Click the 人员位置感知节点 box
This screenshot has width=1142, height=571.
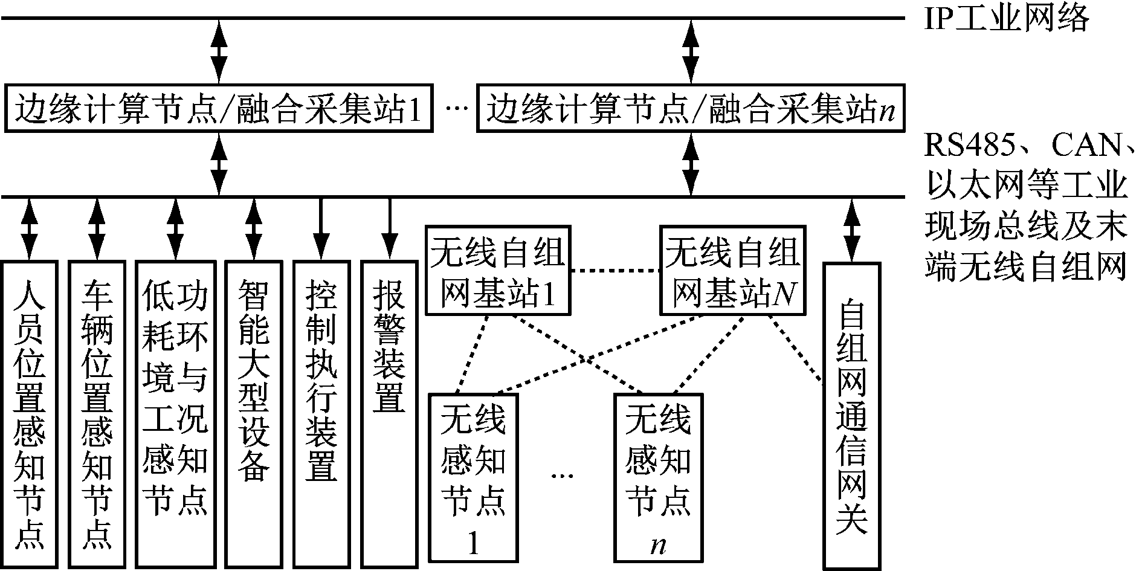pos(29,414)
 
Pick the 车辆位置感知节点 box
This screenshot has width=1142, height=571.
pos(97,414)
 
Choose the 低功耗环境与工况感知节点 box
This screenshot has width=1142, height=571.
pos(175,414)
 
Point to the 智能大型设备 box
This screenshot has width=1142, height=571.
pos(254,414)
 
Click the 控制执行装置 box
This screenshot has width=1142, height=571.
pos(321,414)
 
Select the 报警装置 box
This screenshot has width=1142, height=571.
pos(389,414)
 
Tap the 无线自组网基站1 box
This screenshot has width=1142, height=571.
pos(498,271)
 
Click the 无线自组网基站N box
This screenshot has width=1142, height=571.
pos(732,271)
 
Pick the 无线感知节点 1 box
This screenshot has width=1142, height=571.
pos(474,477)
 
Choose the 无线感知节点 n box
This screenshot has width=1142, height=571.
pos(659,477)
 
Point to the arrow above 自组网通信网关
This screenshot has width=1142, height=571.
pos(851,230)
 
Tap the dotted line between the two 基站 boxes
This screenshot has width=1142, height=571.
pos(615,271)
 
